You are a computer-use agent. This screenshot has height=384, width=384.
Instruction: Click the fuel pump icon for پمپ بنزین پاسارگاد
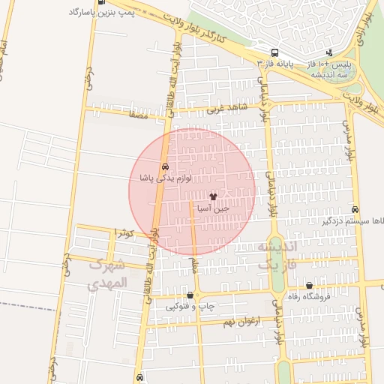click(x=101, y=2)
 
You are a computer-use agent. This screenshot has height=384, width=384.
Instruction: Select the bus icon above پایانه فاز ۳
click(x=275, y=53)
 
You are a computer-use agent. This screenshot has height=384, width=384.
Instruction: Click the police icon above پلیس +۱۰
click(x=331, y=53)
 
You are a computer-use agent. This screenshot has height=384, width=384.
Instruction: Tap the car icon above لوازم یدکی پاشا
click(x=164, y=166)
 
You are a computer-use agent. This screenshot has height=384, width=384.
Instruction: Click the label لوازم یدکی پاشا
click(x=166, y=178)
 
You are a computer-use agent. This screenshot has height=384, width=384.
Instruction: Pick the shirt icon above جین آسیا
click(x=212, y=196)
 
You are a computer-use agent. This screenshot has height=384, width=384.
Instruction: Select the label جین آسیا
click(x=212, y=208)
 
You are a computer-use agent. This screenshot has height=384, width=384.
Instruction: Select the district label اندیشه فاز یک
click(x=277, y=255)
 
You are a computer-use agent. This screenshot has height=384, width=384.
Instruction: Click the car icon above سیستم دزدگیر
click(x=355, y=210)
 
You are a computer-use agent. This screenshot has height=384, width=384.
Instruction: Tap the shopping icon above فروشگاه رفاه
click(x=309, y=285)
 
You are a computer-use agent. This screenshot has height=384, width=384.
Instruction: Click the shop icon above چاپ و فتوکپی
click(x=190, y=295)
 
